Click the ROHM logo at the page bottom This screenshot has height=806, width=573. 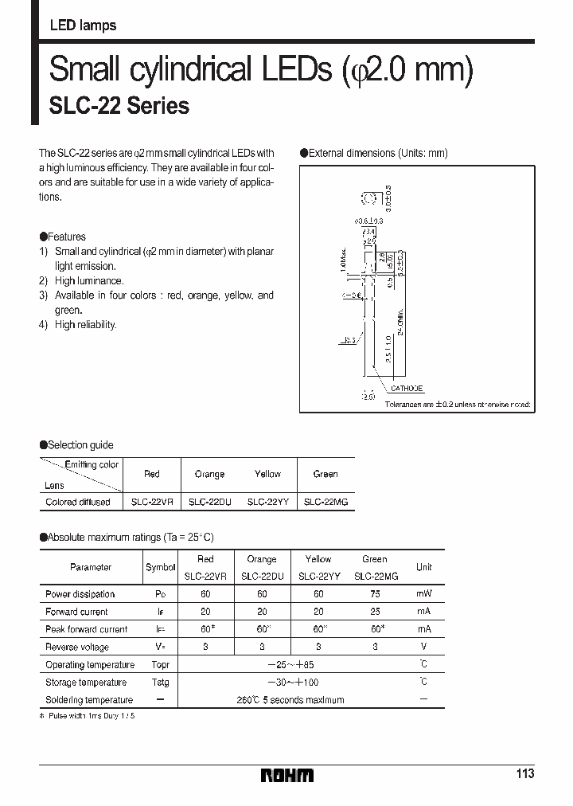pos(288,775)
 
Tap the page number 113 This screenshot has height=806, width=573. pos(525,774)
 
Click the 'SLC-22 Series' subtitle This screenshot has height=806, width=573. pos(119,106)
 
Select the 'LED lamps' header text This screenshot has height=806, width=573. pos(83,25)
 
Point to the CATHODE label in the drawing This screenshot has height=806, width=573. pos(406,389)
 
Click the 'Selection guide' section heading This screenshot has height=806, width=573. pos(80,445)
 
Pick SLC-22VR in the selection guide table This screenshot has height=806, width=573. pos(152,503)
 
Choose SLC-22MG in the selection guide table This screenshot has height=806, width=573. pos(325,503)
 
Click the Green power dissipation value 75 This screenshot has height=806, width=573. pos(374,594)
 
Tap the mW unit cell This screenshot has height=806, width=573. pos(423,594)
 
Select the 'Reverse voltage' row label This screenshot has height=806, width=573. pos(77,648)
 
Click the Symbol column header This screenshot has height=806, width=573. pos(161,568)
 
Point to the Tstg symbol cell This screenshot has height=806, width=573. pos(161,683)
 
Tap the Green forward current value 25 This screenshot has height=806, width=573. pos(374,612)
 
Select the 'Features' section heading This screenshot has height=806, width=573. pos(67,237)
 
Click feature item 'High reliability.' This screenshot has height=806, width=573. pos(85,325)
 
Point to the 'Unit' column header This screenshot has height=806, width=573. pos(423,568)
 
